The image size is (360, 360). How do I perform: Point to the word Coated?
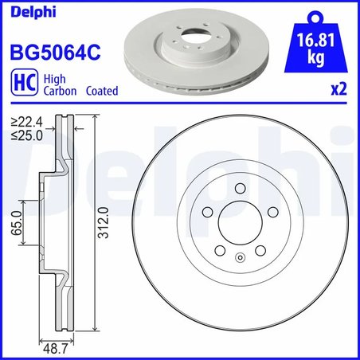(101, 92)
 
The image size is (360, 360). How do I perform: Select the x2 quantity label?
(338, 91)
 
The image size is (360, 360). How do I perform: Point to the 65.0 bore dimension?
(16, 225)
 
